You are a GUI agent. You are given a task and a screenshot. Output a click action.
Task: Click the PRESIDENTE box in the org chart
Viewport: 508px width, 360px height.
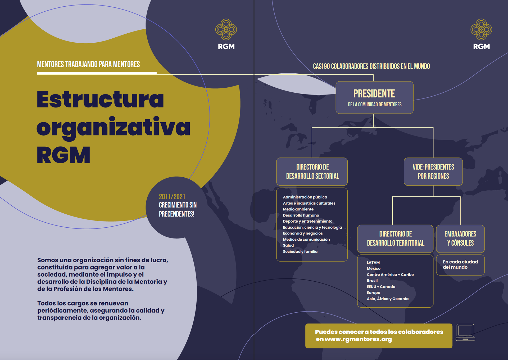tap(374, 97)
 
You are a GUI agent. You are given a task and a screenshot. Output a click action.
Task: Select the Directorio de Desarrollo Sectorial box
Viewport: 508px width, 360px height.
tap(312, 172)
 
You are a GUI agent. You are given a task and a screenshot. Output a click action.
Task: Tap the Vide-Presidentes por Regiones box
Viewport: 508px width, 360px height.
tap(433, 172)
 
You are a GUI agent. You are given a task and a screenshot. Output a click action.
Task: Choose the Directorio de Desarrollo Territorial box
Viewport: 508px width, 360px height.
tap(395, 238)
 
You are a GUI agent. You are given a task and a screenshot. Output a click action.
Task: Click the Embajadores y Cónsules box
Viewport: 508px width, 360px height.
tap(460, 238)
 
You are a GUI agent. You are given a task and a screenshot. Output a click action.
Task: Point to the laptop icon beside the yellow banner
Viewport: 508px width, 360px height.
tap(465, 332)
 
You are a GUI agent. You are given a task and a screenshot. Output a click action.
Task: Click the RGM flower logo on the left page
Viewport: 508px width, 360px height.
tap(226, 29)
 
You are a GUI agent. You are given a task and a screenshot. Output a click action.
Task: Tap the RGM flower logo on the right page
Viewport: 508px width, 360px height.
tap(481, 29)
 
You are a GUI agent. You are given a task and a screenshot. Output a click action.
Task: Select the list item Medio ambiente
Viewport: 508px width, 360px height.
tap(298, 209)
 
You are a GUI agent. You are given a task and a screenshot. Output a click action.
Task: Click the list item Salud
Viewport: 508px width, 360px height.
tap(288, 245)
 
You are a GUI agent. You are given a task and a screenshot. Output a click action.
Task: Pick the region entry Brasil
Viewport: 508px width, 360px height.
tap(372, 281)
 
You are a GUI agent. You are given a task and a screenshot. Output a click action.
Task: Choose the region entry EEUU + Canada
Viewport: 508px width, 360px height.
tap(381, 287)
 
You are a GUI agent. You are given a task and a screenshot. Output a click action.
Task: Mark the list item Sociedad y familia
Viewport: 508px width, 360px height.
tap(300, 251)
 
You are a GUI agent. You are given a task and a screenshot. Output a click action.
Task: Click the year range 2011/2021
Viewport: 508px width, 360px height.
tap(172, 197)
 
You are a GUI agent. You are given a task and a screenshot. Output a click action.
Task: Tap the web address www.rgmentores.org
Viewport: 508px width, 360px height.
tap(358, 339)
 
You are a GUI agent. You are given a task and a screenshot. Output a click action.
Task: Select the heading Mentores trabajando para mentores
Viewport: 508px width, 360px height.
tap(88, 64)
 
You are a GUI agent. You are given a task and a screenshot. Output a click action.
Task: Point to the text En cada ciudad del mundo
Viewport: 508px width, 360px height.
tap(460, 264)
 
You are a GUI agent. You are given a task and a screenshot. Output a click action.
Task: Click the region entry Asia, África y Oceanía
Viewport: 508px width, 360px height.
tap(387, 299)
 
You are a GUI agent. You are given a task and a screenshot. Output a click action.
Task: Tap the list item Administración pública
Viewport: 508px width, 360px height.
tap(305, 197)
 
